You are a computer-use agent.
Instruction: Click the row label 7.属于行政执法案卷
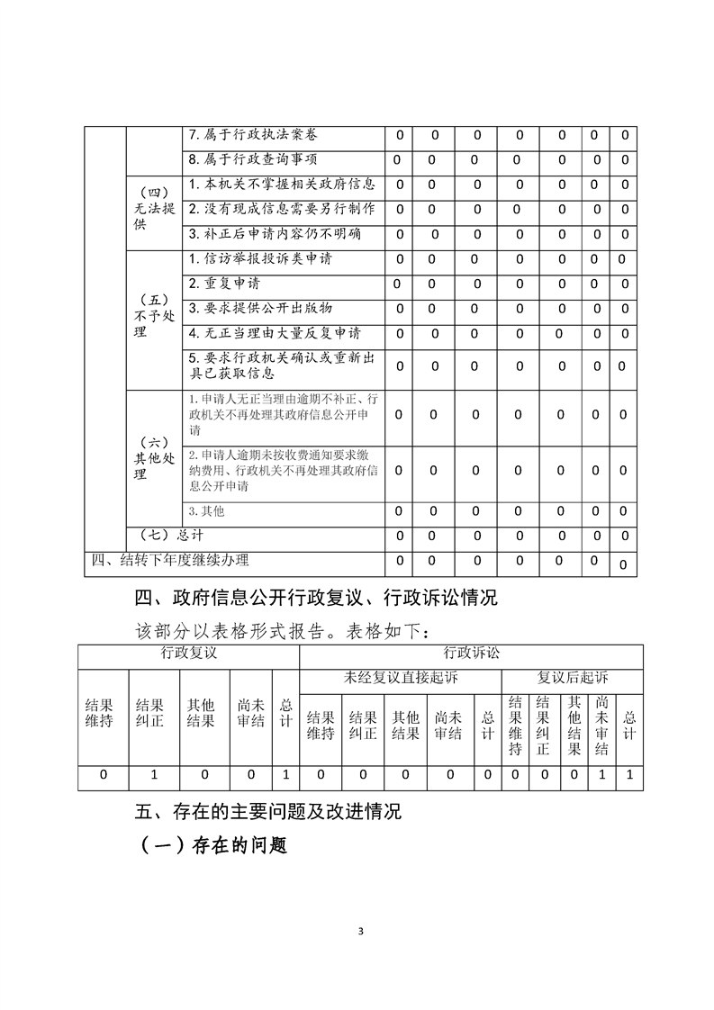(x=252, y=135)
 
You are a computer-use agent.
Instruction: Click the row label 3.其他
(x=206, y=511)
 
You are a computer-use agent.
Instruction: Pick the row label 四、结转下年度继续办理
(x=171, y=561)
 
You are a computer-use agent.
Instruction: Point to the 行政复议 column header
(x=188, y=654)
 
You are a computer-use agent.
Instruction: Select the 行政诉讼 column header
(x=471, y=654)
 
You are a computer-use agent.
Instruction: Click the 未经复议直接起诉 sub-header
(x=400, y=678)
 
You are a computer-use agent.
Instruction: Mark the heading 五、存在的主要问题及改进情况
(x=267, y=812)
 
